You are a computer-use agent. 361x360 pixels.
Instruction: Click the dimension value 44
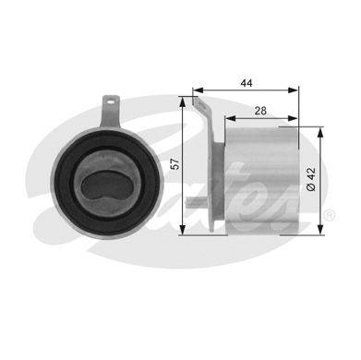tap(247, 83)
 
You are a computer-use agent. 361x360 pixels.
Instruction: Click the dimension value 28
tap(260, 111)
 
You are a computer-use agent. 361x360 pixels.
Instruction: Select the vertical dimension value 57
tap(174, 164)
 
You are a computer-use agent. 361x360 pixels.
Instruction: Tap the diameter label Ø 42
tap(311, 179)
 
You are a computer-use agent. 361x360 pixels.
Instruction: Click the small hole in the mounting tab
tap(111, 100)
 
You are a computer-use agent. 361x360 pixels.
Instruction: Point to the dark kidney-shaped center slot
tap(107, 186)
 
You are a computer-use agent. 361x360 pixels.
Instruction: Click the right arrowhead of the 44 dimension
tap(293, 90)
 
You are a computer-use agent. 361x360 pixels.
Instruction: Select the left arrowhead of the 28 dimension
tap(230, 118)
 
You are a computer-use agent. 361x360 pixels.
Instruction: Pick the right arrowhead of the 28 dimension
tap(293, 118)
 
